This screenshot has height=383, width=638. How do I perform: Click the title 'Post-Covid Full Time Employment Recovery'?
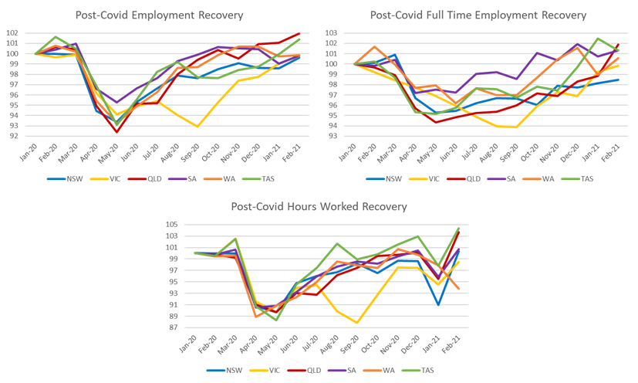point(478,15)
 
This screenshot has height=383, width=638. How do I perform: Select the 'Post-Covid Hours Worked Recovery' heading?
point(319,207)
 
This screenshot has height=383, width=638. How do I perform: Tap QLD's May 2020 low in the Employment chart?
point(117,132)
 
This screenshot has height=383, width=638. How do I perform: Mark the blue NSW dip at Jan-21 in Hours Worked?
point(439,303)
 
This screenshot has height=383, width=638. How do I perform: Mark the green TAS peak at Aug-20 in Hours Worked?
point(337,243)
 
